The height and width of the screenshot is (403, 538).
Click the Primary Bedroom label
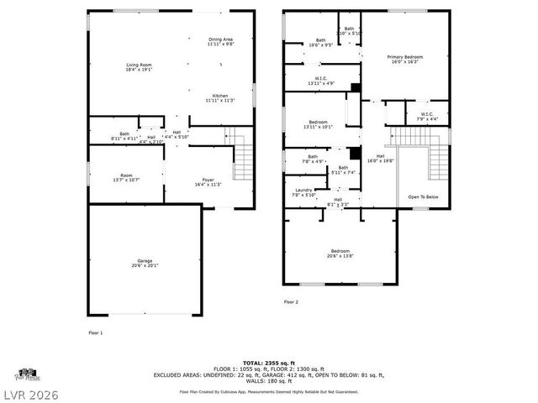pyautogui.click(x=405, y=59)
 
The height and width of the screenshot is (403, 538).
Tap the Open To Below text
pyautogui.click(x=424, y=196)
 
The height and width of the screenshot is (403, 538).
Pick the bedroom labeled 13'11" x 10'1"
pyautogui.click(x=318, y=124)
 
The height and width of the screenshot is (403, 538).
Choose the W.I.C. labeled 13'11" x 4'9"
pyautogui.click(x=319, y=81)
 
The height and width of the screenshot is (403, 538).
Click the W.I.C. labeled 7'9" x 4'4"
pyautogui.click(x=426, y=116)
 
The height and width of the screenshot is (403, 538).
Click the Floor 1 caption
pyautogui.click(x=96, y=333)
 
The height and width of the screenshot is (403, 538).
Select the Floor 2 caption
pyautogui.click(x=291, y=301)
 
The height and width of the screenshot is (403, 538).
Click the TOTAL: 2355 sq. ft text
pyautogui.click(x=269, y=362)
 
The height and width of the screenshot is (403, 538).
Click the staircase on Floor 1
pyautogui.click(x=241, y=154)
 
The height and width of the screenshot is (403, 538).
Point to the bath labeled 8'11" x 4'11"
pyautogui.click(x=124, y=135)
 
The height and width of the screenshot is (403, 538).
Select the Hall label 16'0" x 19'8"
pyautogui.click(x=381, y=158)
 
